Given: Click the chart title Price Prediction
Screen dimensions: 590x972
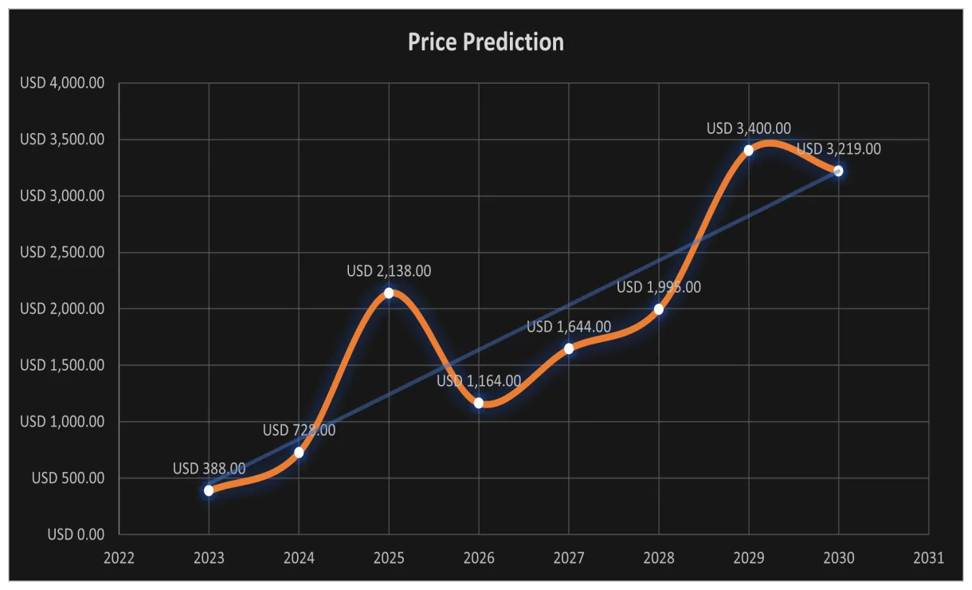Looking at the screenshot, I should (x=485, y=42).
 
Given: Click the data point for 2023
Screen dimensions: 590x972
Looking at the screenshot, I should (x=209, y=490).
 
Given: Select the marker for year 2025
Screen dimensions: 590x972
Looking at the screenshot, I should (x=389, y=293).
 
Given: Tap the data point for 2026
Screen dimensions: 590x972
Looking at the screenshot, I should (x=479, y=403).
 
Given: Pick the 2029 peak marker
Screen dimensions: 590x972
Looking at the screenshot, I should (x=749, y=150).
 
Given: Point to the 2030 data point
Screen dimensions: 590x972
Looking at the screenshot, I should (x=838, y=171).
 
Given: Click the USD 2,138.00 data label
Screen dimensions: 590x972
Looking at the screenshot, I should (x=389, y=271).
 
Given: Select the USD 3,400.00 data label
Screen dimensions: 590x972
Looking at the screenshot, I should (x=749, y=128).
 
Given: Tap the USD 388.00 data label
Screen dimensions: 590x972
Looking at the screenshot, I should (x=209, y=469).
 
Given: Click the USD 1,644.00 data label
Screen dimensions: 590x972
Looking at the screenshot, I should (x=569, y=327).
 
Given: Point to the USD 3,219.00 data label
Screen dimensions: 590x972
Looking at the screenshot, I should (x=839, y=149).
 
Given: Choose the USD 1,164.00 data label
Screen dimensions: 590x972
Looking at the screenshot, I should (x=479, y=381).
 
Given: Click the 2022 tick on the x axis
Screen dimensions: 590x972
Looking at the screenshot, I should (x=119, y=557).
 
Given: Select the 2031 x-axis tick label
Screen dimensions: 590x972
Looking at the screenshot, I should (x=928, y=557).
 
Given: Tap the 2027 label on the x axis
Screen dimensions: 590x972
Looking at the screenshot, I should (x=569, y=557).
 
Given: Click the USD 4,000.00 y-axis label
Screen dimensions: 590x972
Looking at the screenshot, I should (x=63, y=83).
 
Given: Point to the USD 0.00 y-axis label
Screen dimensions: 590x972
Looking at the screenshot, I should (x=75, y=534).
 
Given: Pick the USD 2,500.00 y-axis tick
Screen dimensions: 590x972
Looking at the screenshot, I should (x=63, y=252).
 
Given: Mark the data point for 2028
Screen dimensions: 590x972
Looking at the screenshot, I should (x=659, y=309).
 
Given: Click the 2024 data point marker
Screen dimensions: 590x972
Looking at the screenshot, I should (x=299, y=452).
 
